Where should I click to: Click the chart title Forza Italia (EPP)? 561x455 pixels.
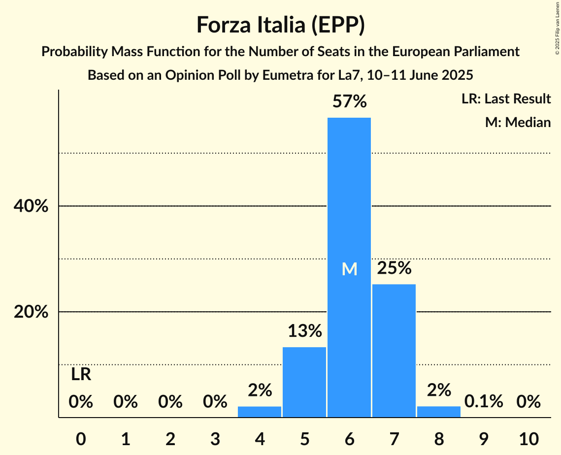tap(280, 25)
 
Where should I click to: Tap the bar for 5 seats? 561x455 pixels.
tap(304, 382)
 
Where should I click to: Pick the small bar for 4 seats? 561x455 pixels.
tap(260, 412)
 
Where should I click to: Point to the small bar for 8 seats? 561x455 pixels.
tap(439, 412)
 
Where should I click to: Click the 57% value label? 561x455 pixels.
tap(349, 102)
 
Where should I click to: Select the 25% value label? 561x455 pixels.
tap(394, 268)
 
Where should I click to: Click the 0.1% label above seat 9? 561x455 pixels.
tap(484, 402)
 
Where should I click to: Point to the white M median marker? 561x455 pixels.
tap(349, 269)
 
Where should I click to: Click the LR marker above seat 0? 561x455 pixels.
tap(81, 375)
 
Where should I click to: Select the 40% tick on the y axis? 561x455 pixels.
tap(31, 206)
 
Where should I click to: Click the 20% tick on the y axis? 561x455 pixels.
tap(31, 312)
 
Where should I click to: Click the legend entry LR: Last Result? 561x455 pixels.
tap(506, 99)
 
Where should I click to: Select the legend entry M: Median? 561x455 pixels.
tap(518, 122)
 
